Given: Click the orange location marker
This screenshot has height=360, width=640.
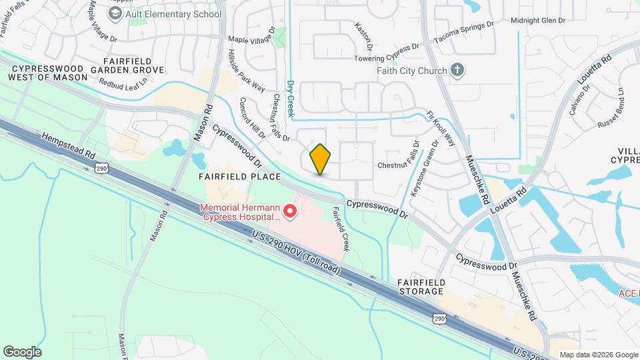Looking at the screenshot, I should (x=321, y=159).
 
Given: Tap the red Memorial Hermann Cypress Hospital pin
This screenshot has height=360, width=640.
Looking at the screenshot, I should (x=290, y=212).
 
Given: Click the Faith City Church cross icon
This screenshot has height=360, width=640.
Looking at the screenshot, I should (x=457, y=70).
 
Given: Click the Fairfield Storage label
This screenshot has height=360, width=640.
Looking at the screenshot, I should (x=421, y=287).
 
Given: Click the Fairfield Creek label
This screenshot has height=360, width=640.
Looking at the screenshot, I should (x=341, y=229).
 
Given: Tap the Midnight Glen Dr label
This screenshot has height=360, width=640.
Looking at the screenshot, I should (x=537, y=21).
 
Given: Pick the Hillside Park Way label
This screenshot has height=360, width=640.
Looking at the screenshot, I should (x=247, y=71).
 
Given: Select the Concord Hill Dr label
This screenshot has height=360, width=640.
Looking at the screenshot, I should (x=252, y=119).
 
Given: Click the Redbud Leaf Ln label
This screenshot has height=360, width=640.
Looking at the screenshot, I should (x=122, y=83).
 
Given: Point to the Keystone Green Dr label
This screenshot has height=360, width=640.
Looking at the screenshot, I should (x=425, y=167).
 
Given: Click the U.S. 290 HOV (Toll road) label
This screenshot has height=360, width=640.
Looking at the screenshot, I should (x=297, y=253).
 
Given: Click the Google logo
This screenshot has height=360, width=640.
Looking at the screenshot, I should (x=22, y=351).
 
